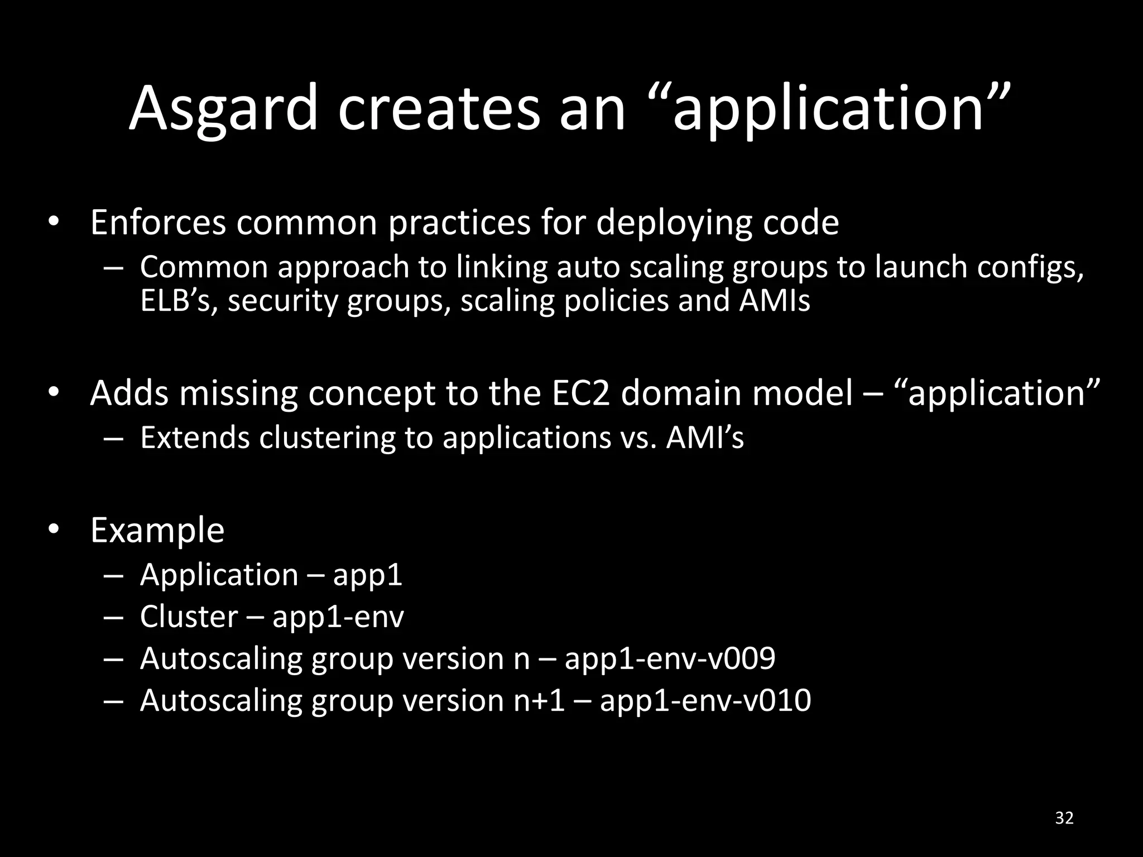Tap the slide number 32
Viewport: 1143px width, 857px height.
pos(1064,818)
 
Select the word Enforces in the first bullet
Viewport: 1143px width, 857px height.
pos(158,223)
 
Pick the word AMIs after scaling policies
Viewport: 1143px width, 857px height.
pos(775,301)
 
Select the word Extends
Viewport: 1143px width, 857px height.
pos(195,437)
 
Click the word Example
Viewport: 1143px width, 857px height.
pos(157,531)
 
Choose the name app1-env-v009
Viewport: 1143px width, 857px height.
pos(670,659)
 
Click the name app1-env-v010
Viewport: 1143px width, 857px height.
pos(705,701)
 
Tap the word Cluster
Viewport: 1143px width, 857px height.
pos(189,617)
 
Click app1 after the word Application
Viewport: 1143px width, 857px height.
pos(367,576)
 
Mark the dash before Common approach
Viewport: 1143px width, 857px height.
pos(113,268)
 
